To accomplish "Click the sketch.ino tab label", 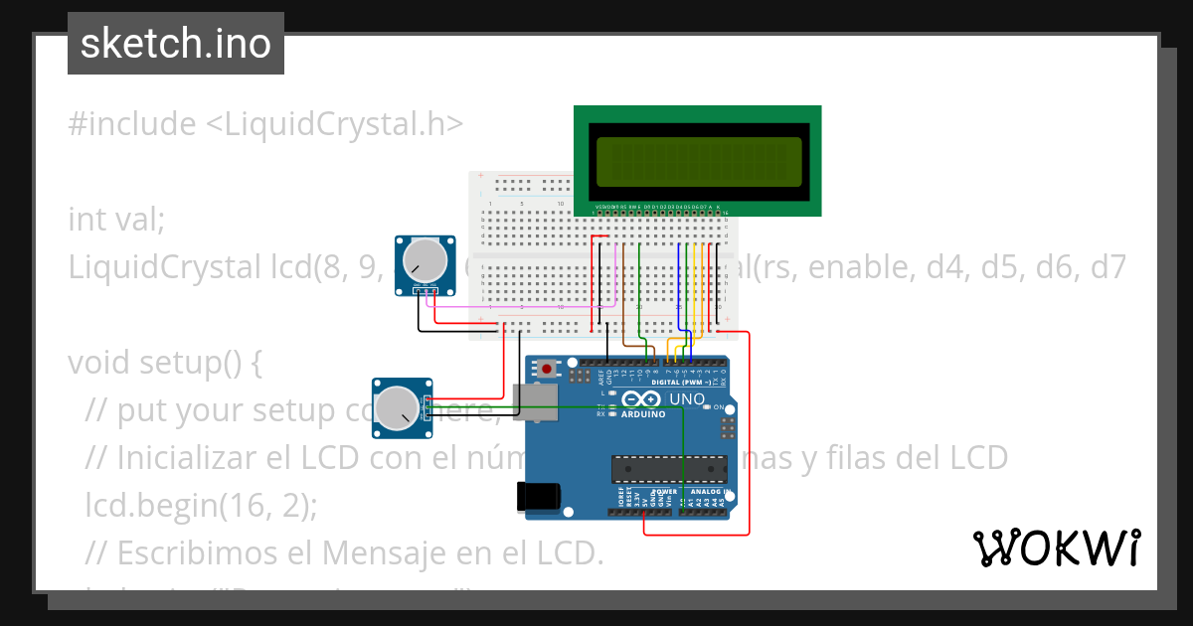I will pos(175,44).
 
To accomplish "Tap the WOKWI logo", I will pos(1056,548).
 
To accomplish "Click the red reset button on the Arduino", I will pos(548,370).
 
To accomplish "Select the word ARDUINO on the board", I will pos(643,414).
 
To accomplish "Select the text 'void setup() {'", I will pos(164,363).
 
